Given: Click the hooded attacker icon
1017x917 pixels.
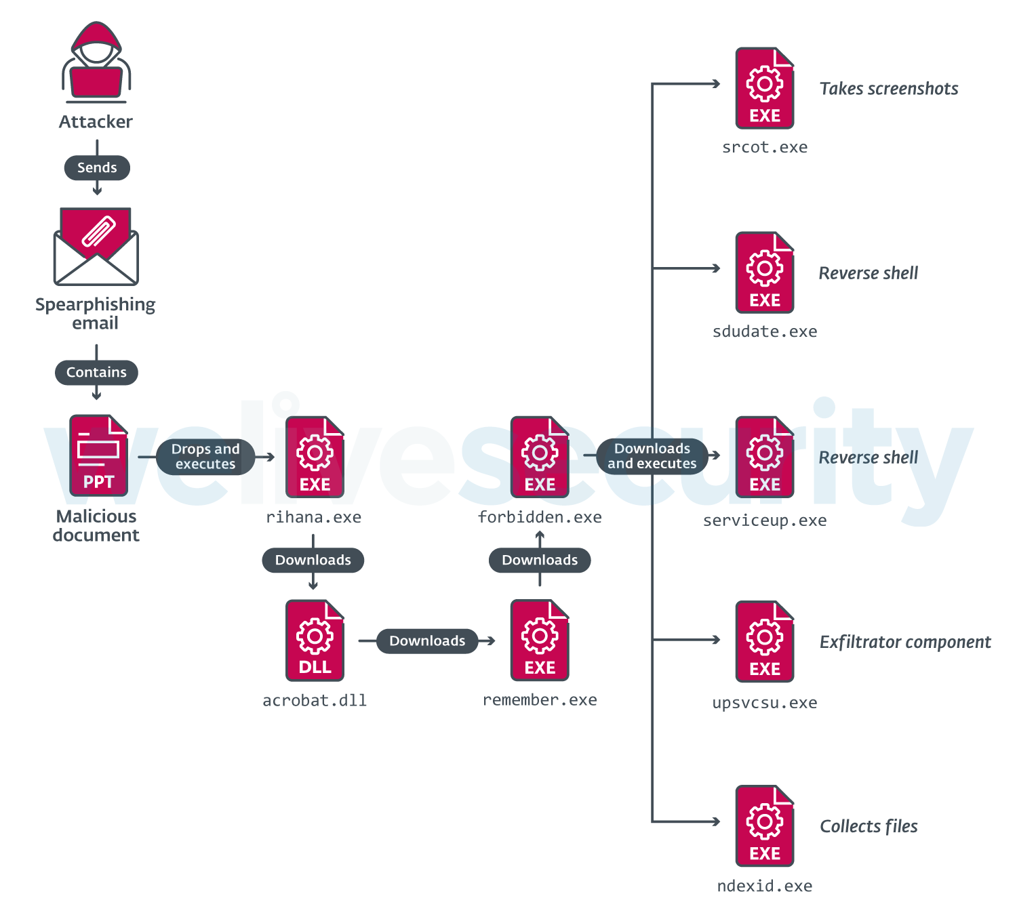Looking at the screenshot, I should point(96,62).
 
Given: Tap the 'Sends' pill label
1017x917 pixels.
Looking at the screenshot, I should point(97,167).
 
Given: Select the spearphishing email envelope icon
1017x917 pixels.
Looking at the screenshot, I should point(96,247).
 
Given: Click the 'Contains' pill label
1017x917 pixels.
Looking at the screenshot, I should point(96,372).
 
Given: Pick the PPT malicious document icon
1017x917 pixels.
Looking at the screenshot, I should point(98,455).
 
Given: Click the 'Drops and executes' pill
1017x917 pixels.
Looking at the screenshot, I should point(205,457).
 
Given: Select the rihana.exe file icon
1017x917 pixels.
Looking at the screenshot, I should point(315,457).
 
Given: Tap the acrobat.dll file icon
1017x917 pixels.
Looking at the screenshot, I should point(315,640).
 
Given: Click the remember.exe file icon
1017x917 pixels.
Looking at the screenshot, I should point(540,640).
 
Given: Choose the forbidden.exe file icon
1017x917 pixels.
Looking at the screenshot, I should point(540,457).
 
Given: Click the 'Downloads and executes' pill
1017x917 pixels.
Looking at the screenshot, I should point(652,456).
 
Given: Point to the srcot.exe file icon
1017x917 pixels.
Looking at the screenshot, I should point(765,88).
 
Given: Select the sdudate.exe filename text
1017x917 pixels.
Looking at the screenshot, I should point(765,331).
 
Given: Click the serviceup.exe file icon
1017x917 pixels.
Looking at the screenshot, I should point(765,457).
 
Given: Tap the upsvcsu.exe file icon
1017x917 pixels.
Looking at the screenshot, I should point(765,641).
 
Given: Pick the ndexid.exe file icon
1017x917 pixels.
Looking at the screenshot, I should point(765,826).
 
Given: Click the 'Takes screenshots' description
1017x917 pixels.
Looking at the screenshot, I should point(889,89).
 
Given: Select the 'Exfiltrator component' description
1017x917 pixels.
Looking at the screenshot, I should point(905,642).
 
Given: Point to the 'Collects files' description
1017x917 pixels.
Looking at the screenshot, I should point(869,826).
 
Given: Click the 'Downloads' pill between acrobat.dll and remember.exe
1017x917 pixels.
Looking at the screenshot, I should point(427,640).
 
